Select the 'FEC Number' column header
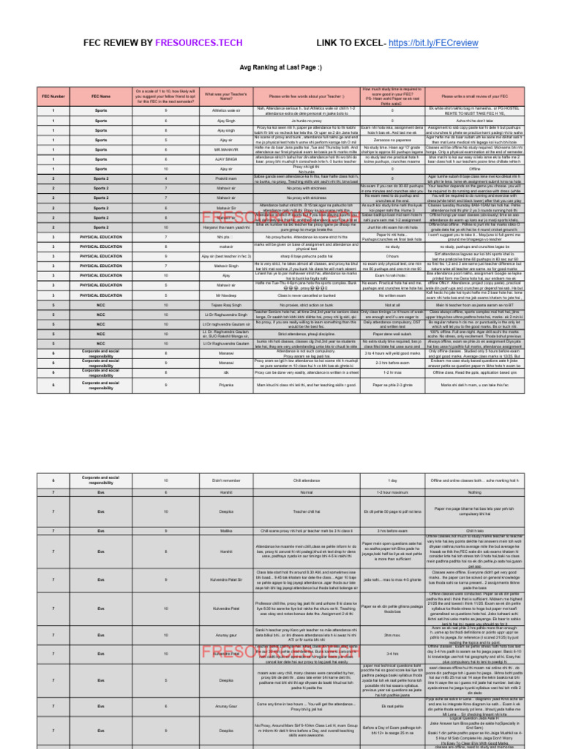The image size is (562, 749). (53, 96)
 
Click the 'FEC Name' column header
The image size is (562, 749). (101, 96)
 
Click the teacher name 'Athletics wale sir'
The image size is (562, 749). (225, 110)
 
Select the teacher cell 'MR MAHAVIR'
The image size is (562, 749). (225, 149)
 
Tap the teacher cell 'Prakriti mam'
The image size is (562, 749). (225, 178)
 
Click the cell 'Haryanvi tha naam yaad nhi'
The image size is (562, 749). (225, 227)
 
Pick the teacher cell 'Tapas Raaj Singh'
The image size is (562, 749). (225, 305)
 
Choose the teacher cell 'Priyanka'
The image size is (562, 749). (225, 384)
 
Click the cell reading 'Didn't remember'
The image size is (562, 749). (225, 480)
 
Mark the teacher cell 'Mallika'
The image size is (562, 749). (225, 530)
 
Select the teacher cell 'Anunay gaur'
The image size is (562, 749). (225, 634)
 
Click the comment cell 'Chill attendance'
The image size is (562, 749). (306, 480)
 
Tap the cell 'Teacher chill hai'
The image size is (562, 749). (306, 511)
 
